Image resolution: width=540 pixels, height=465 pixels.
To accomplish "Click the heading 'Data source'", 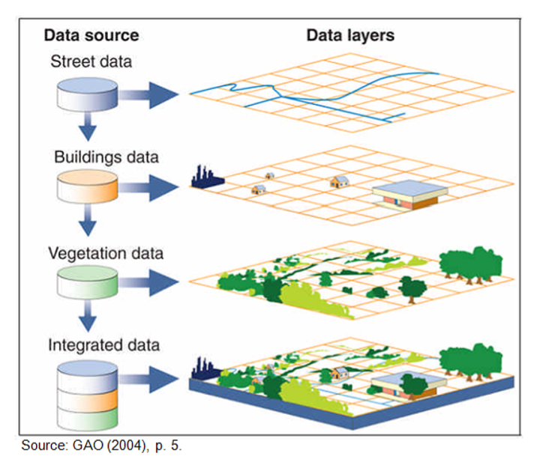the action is pyautogui.click(x=91, y=35).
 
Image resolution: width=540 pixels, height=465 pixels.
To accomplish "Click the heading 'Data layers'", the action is pyautogui.click(x=350, y=35).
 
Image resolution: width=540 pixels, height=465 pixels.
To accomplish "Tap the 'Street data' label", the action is pyautogui.click(x=91, y=61).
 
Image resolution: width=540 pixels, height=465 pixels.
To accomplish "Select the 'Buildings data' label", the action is pyautogui.click(x=106, y=157).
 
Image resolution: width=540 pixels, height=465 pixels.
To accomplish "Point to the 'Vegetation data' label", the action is pyautogui.click(x=106, y=254).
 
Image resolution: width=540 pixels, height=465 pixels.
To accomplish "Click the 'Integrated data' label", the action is pyautogui.click(x=103, y=345).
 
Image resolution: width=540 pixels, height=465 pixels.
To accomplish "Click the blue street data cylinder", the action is pyautogui.click(x=87, y=94).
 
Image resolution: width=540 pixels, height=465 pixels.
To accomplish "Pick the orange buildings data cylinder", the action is pyautogui.click(x=87, y=186).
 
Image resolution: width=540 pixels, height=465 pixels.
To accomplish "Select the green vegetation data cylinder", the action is pyautogui.click(x=87, y=282).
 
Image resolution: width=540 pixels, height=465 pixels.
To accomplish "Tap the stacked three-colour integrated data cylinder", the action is pyautogui.click(x=87, y=395).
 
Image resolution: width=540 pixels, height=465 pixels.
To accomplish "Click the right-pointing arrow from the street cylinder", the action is pyautogui.click(x=148, y=95).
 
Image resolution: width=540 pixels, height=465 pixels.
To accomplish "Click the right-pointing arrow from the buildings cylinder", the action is pyautogui.click(x=148, y=187).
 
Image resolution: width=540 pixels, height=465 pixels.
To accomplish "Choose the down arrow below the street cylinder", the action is pyautogui.click(x=88, y=127).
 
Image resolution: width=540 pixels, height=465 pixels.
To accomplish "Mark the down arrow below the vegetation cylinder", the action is pyautogui.click(x=88, y=316).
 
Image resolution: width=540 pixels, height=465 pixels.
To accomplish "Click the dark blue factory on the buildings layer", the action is pyautogui.click(x=207, y=177).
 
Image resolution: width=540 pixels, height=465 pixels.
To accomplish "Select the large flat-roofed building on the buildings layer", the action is pyautogui.click(x=409, y=195).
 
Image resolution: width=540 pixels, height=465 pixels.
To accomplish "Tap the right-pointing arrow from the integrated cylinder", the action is pyautogui.click(x=148, y=380).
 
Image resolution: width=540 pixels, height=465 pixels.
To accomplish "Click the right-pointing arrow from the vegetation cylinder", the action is pyautogui.click(x=148, y=283).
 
